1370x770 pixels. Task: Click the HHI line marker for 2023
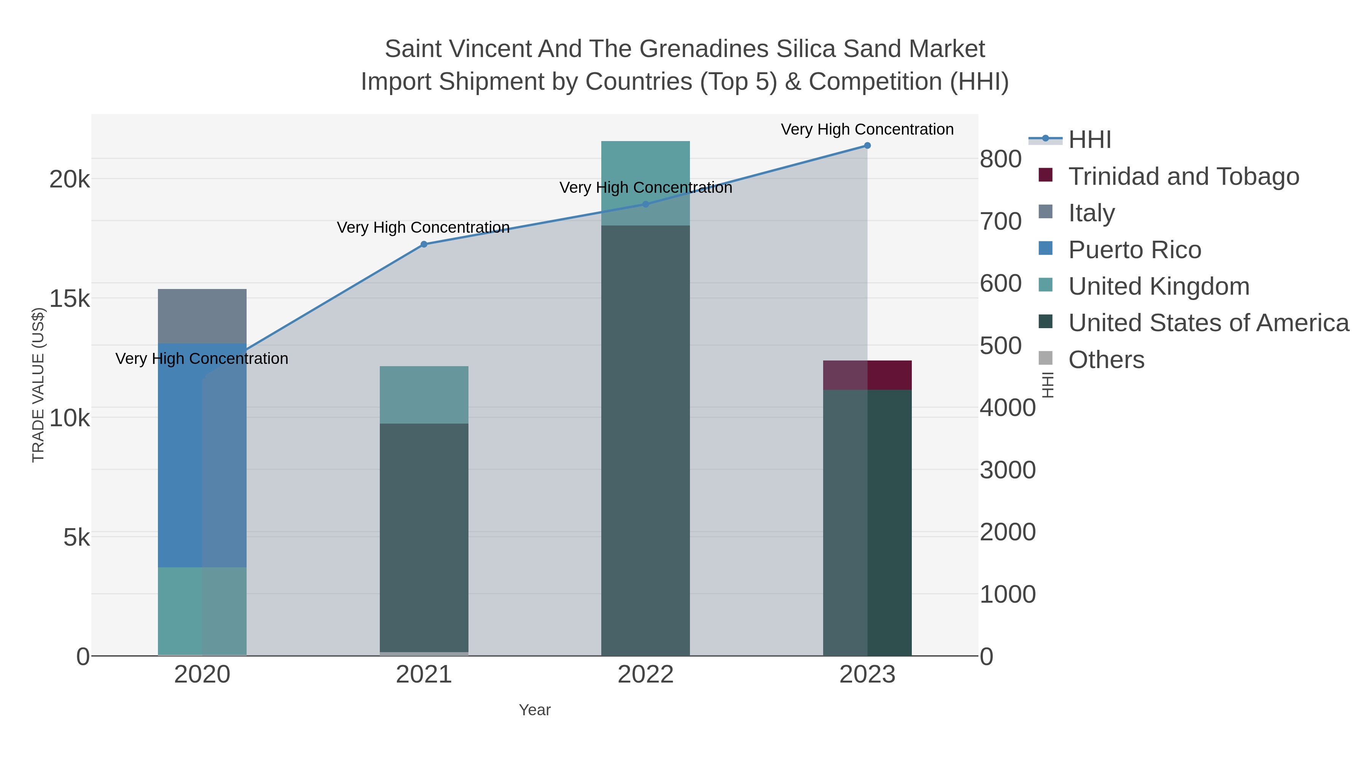click(x=867, y=146)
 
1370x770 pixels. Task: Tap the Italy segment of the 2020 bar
click(x=202, y=316)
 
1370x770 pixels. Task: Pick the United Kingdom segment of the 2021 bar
click(x=424, y=395)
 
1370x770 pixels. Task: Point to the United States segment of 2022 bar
click(x=645, y=441)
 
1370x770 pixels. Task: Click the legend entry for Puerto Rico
click(x=1134, y=250)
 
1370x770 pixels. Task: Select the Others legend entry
click(x=1106, y=360)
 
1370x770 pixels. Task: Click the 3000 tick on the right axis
click(x=1007, y=470)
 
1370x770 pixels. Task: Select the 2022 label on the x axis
click(x=645, y=675)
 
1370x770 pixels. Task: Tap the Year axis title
click(x=535, y=710)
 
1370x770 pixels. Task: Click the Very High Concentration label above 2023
click(x=867, y=129)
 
